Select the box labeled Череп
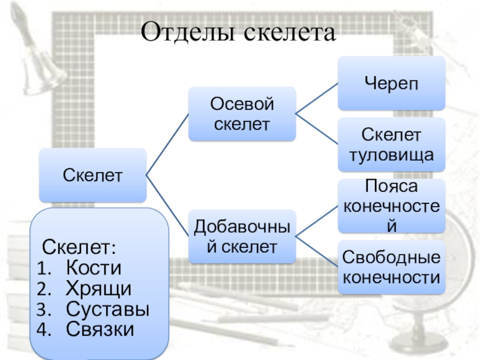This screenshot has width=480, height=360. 391,84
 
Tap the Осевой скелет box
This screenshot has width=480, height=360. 242,114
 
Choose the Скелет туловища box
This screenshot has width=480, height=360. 391,145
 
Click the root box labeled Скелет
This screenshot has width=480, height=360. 92,175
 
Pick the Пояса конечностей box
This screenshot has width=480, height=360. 391,206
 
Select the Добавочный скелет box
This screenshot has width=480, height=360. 242,236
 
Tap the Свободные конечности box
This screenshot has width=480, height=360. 391,267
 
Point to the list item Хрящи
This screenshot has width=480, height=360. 98,289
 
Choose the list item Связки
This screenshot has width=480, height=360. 100,329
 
